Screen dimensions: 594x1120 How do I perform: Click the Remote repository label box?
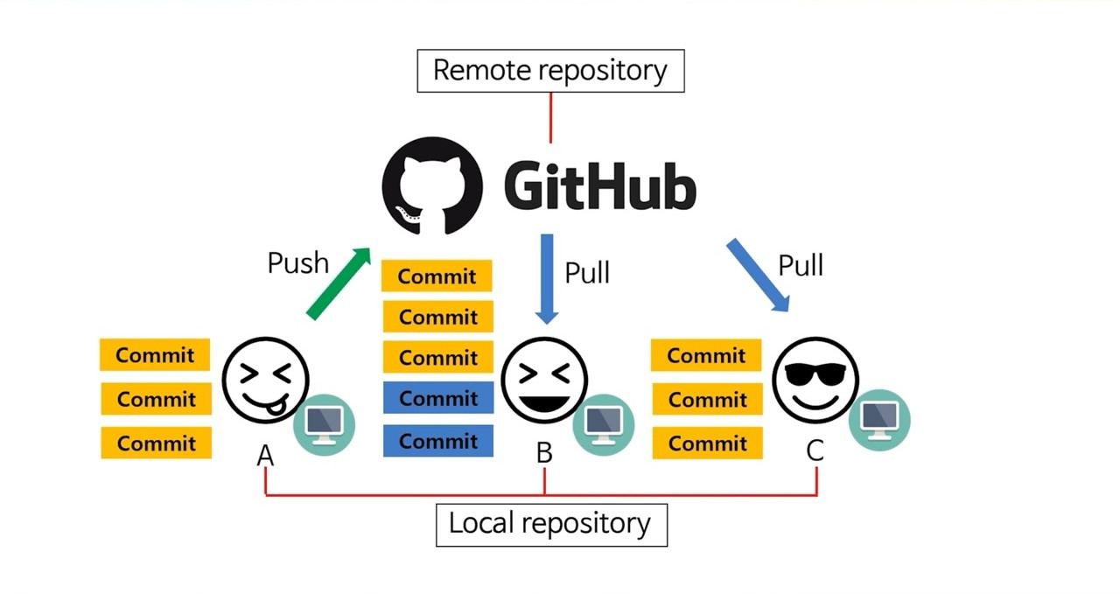(550, 71)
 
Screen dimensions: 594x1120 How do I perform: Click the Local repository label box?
(551, 524)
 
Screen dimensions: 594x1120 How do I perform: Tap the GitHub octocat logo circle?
(432, 186)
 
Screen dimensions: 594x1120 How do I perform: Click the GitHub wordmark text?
(600, 186)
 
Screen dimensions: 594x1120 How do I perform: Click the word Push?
(297, 262)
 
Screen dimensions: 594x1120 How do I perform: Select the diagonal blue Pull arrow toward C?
(758, 275)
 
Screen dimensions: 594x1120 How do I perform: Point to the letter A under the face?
(265, 455)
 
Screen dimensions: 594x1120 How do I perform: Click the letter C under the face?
(815, 451)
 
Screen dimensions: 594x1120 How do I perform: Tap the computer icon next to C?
(879, 420)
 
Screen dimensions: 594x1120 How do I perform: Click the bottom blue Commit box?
(437, 441)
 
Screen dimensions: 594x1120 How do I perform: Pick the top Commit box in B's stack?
(437, 276)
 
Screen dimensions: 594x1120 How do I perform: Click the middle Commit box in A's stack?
(156, 399)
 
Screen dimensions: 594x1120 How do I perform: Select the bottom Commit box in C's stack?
(706, 443)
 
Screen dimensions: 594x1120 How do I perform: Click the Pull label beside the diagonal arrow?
(801, 264)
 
